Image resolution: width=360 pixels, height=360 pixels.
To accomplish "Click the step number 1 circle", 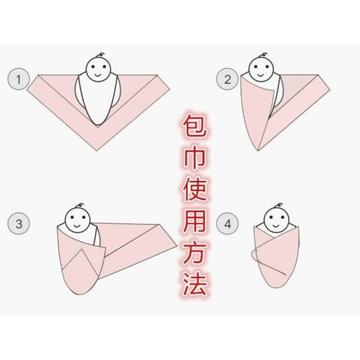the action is point(19,79).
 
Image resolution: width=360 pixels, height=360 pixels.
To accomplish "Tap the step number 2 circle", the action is point(227,79).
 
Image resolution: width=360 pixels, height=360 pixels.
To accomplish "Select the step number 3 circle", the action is point(19,223).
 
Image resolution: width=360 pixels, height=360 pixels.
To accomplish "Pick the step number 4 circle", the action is point(227,223).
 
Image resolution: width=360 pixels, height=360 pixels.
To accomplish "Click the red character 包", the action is point(195,126).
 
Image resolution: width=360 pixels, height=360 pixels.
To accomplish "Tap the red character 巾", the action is point(195,159).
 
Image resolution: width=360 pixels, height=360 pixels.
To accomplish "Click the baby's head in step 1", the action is point(98,69).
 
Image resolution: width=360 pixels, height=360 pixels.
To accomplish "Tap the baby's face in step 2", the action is point(261,69).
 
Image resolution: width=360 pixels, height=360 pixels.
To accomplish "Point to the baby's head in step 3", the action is point(78,220).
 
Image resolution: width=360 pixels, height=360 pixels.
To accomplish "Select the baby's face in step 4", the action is point(276,220).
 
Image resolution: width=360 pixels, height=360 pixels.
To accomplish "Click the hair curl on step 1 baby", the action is point(101,55).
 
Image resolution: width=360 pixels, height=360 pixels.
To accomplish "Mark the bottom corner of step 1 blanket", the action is point(97,150).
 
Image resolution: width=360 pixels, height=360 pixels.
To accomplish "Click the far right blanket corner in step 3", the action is point(177,246).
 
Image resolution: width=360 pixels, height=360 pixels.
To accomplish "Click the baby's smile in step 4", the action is point(276,226).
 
